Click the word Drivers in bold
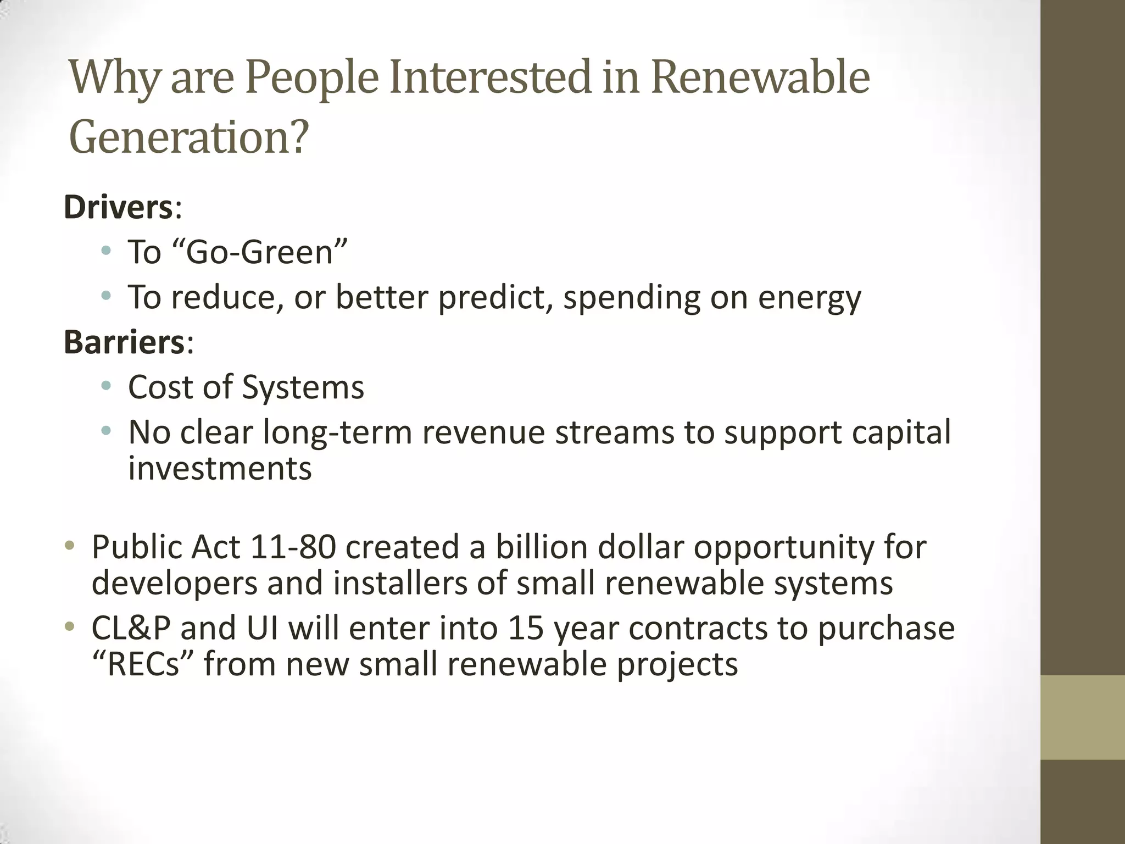point(119,208)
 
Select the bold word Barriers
point(124,342)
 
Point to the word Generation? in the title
point(189,137)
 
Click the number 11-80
point(292,547)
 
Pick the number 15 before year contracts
point(525,628)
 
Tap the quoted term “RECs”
point(143,664)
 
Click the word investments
point(220,469)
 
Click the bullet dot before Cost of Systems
point(106,386)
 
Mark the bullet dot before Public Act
point(69,545)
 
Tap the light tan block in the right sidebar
point(1083,717)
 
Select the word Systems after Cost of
point(303,387)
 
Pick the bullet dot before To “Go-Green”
point(106,251)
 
